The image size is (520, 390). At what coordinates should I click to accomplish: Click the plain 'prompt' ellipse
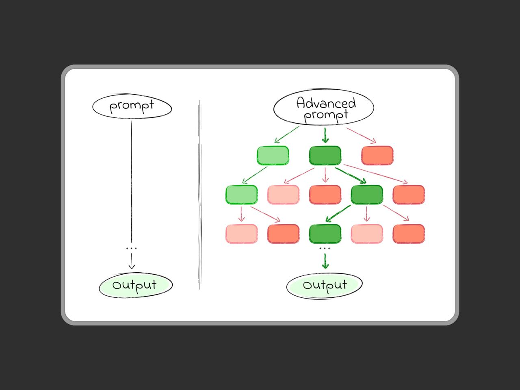click(x=132, y=107)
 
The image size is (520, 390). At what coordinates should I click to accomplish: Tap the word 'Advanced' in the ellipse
click(x=326, y=103)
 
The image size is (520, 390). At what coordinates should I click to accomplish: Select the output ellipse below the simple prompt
click(x=136, y=285)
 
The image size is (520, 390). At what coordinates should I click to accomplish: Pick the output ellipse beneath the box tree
click(x=324, y=285)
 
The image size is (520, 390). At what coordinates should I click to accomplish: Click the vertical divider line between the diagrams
click(x=200, y=195)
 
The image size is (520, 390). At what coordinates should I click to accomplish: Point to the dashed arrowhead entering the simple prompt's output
click(x=131, y=266)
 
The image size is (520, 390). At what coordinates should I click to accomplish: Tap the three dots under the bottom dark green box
click(x=325, y=248)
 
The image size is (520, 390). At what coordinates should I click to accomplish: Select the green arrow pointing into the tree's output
click(x=325, y=261)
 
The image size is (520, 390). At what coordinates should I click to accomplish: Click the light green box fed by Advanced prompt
click(x=273, y=156)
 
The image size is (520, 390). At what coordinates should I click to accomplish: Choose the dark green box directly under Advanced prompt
click(x=325, y=156)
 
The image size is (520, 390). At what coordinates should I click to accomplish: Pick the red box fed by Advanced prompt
click(x=377, y=156)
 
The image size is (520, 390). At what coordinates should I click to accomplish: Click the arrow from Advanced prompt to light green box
click(x=287, y=134)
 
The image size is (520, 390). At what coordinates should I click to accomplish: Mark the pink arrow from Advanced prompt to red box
click(x=361, y=135)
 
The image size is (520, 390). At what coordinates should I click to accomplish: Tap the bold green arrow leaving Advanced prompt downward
click(x=325, y=135)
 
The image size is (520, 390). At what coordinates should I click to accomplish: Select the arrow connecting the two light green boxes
click(x=255, y=175)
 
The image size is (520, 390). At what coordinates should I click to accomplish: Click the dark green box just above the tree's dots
click(x=325, y=233)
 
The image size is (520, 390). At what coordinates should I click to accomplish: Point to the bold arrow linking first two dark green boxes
click(x=350, y=175)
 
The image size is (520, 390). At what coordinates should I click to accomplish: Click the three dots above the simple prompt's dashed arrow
click(x=131, y=248)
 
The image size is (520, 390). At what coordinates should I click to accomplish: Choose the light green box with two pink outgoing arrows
click(x=241, y=195)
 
